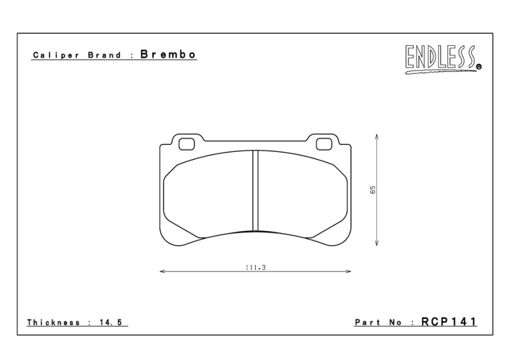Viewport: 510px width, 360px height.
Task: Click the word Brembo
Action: click(168, 54)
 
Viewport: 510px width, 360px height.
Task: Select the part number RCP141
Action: click(449, 322)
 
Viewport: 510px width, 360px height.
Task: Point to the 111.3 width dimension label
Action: click(256, 267)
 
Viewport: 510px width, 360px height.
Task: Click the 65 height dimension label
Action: click(373, 190)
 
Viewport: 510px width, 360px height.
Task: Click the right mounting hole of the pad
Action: click(324, 143)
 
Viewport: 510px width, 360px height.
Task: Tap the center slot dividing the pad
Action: click(256, 191)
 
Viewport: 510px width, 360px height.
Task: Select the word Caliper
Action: click(52, 55)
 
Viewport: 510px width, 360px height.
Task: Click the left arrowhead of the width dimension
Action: click(163, 272)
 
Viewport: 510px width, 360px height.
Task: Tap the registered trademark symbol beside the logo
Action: click(479, 67)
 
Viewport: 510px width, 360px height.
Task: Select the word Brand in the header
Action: click(104, 55)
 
